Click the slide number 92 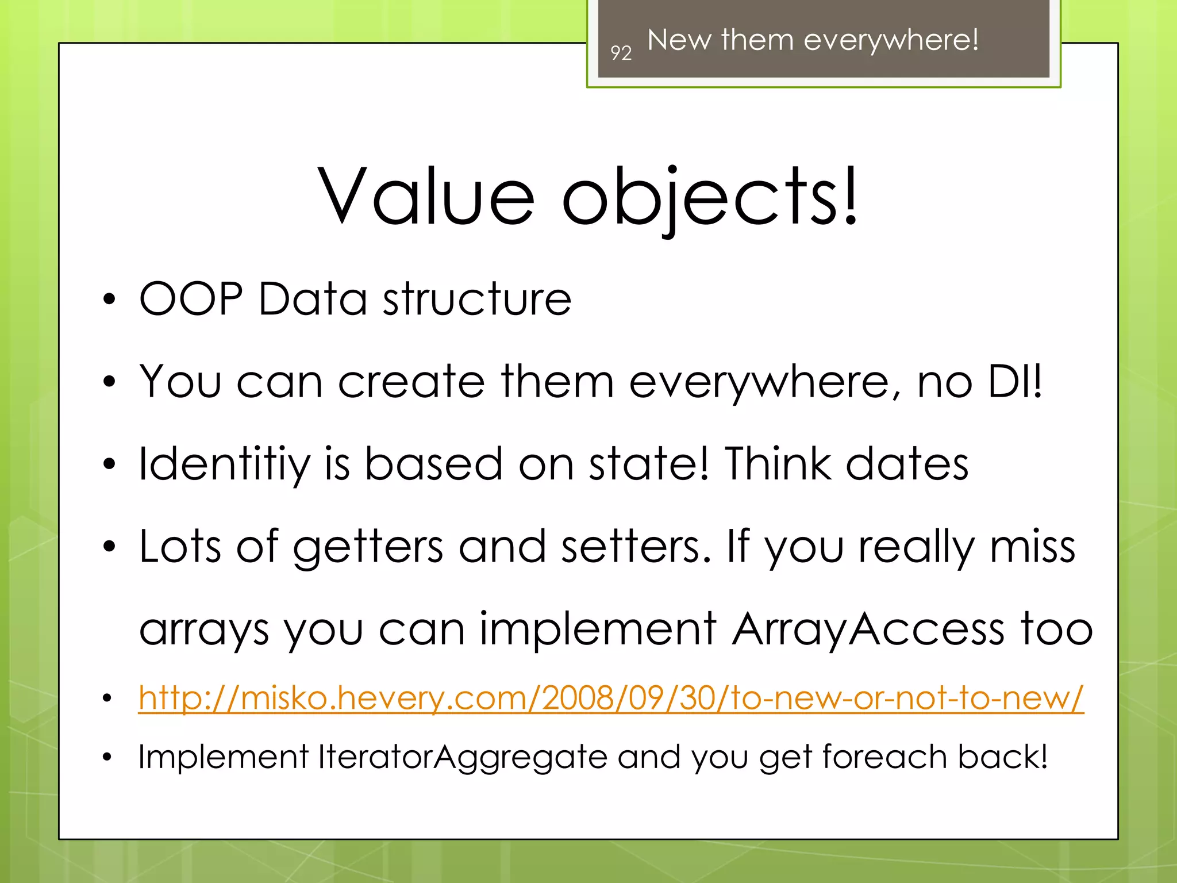click(621, 53)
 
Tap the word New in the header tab click(679, 40)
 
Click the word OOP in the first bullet click(191, 299)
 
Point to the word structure click(477, 299)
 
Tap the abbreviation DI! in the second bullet click(1014, 381)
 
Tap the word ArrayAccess click(868, 629)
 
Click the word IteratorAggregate click(462, 757)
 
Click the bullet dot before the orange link click(107, 698)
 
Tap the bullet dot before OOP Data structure click(109, 300)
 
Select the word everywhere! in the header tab click(891, 40)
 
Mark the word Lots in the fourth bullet click(180, 546)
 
